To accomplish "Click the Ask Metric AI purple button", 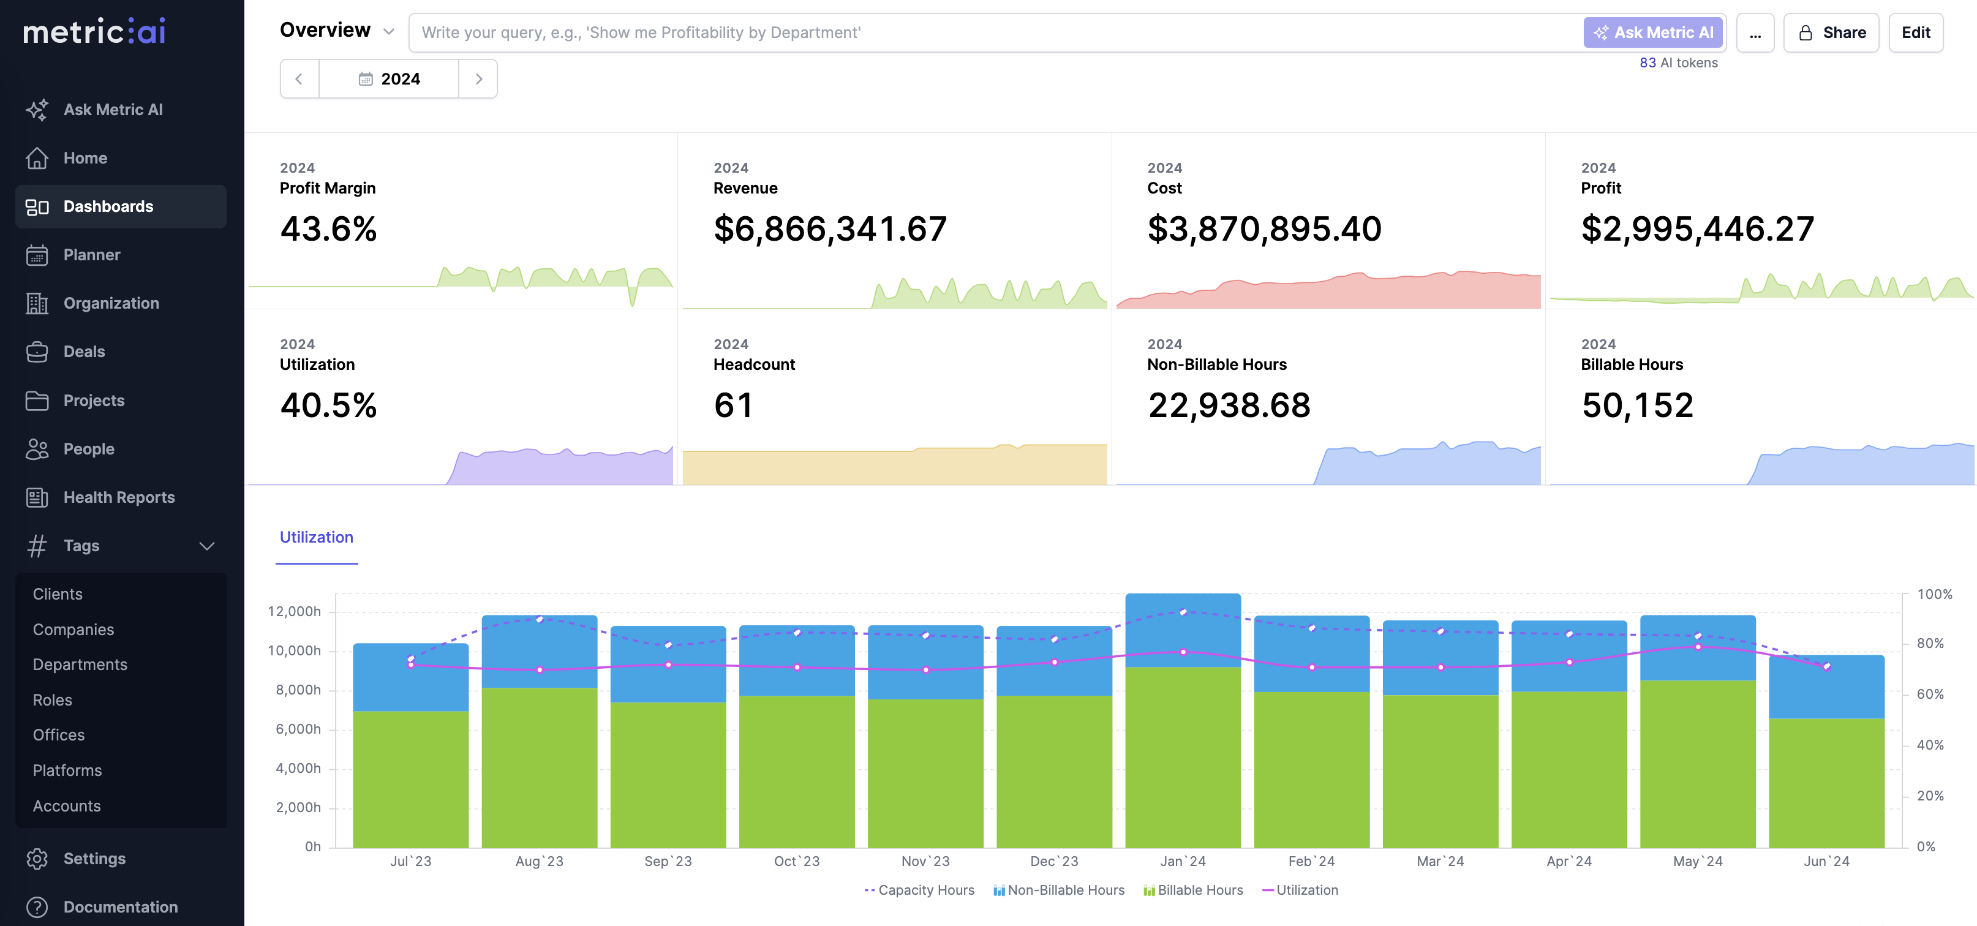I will pyautogui.click(x=1653, y=32).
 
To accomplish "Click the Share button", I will pyautogui.click(x=1831, y=32).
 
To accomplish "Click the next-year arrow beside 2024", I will pyautogui.click(x=479, y=79).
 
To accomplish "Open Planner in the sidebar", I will pyautogui.click(x=91, y=255).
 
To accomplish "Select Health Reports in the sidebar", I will pyautogui.click(x=119, y=497).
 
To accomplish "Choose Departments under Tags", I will pyautogui.click(x=80, y=664).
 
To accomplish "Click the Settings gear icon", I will pyautogui.click(x=37, y=859).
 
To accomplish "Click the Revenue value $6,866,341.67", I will pyautogui.click(x=830, y=228).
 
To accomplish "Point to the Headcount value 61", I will pyautogui.click(x=733, y=405).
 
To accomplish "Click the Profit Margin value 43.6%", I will pyautogui.click(x=328, y=228).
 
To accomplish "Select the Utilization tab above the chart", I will pyautogui.click(x=316, y=537).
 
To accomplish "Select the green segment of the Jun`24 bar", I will pyautogui.click(x=1826, y=783).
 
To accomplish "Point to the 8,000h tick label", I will pyautogui.click(x=298, y=690).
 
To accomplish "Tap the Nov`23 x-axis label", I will pyautogui.click(x=925, y=862).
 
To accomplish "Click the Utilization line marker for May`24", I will pyautogui.click(x=1698, y=647).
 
